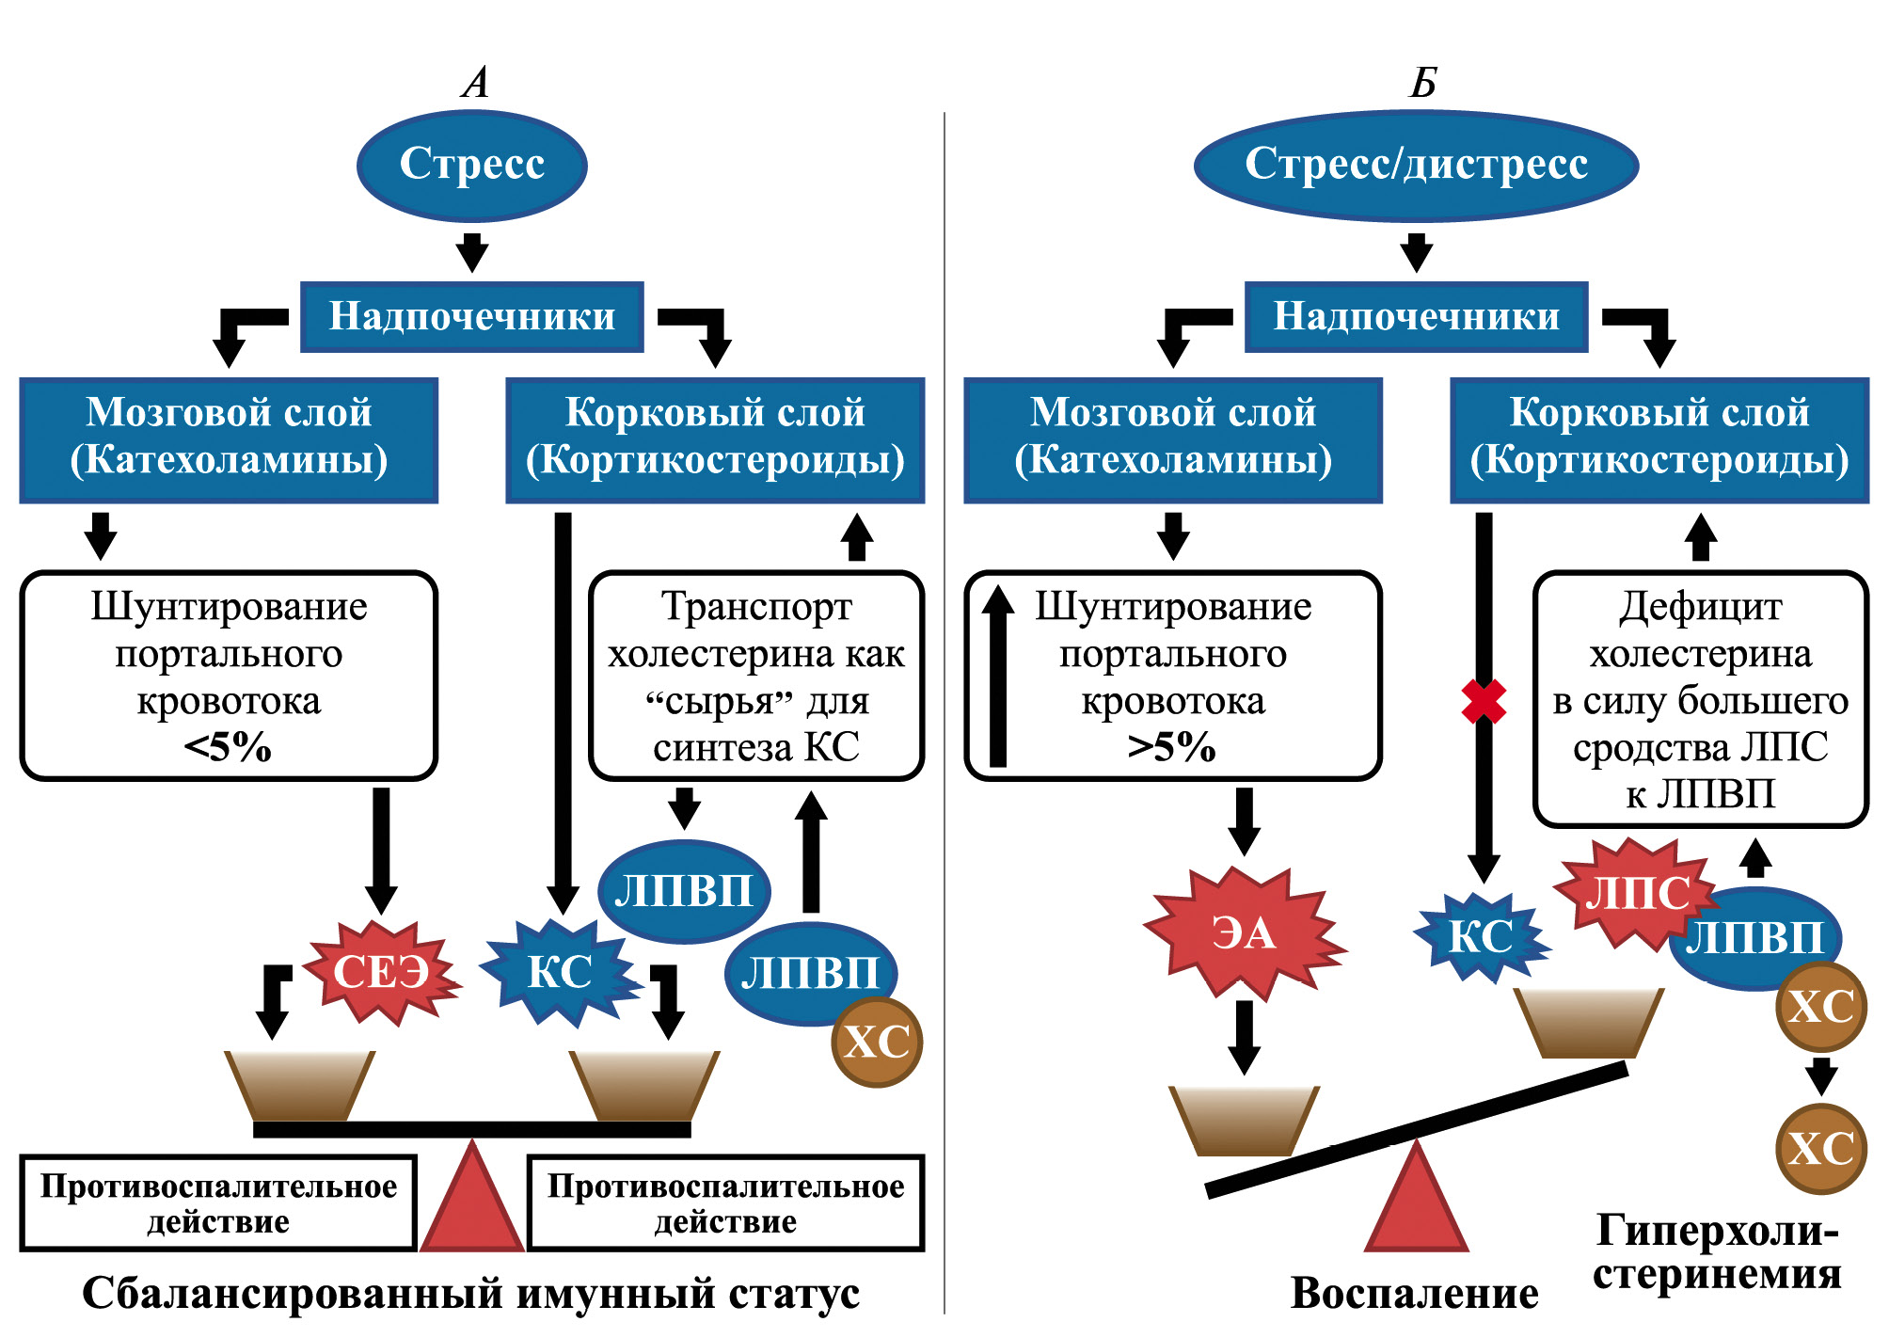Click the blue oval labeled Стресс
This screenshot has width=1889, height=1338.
click(471, 166)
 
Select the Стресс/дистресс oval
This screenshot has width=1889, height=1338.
click(1416, 166)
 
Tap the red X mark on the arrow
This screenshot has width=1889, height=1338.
click(1484, 702)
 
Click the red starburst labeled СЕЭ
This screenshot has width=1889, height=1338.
click(381, 971)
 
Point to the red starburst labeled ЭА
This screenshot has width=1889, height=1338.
click(1244, 933)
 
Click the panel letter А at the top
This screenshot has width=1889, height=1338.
click(476, 83)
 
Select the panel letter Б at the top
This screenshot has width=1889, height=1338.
click(1422, 83)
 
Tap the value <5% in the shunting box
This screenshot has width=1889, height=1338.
click(228, 748)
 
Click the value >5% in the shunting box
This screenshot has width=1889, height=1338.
click(1172, 748)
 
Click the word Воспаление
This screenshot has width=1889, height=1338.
click(1414, 1294)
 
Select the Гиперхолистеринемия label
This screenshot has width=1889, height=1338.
click(1717, 1251)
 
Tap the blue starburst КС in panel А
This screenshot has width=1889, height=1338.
click(560, 971)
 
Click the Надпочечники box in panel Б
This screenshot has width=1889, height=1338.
click(1416, 317)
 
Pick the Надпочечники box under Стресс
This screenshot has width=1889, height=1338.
click(471, 317)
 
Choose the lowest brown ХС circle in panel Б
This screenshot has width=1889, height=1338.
click(1821, 1149)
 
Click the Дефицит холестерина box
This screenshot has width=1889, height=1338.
click(1700, 699)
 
